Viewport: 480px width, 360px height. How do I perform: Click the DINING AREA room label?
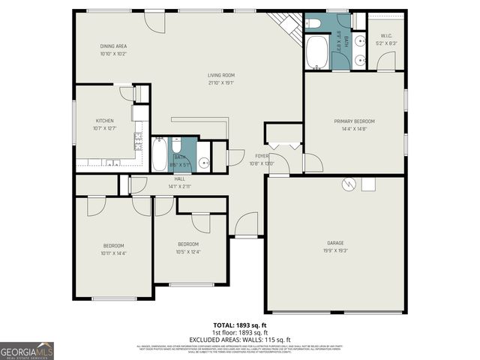coord(113,46)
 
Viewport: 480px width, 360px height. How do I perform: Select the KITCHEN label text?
coord(103,121)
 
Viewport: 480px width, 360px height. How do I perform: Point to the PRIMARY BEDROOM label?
coord(354,121)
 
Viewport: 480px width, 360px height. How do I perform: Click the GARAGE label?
coord(335,243)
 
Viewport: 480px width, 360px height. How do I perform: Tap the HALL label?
coord(180,178)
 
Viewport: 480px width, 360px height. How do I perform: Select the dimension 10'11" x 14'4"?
coord(113,253)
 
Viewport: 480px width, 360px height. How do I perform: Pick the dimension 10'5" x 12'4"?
coord(188,251)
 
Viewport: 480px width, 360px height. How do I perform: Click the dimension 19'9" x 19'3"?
coord(335,250)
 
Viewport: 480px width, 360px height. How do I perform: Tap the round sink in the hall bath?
coord(203,161)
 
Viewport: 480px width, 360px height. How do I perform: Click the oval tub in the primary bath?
coord(316,52)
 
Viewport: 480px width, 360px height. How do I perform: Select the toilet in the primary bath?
coord(313,23)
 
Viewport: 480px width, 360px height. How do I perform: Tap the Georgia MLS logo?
coord(27,350)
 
